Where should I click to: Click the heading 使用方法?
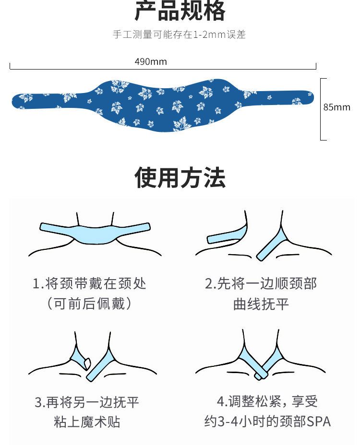[x=180, y=178]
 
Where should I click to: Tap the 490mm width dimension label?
[x=151, y=61]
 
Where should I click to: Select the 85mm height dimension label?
[x=337, y=107]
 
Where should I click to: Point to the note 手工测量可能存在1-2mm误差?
[x=180, y=35]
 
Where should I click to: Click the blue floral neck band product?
[x=162, y=104]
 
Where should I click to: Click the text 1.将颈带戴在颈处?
[x=89, y=283]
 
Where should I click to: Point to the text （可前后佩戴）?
[x=89, y=304]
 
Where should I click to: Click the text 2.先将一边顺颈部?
[x=261, y=283]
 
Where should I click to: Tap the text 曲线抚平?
[x=261, y=304]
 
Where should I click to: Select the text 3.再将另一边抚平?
[x=87, y=402]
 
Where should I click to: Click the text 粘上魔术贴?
[x=87, y=422]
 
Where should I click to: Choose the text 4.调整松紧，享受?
[x=267, y=401]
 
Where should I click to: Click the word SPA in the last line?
[x=319, y=422]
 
